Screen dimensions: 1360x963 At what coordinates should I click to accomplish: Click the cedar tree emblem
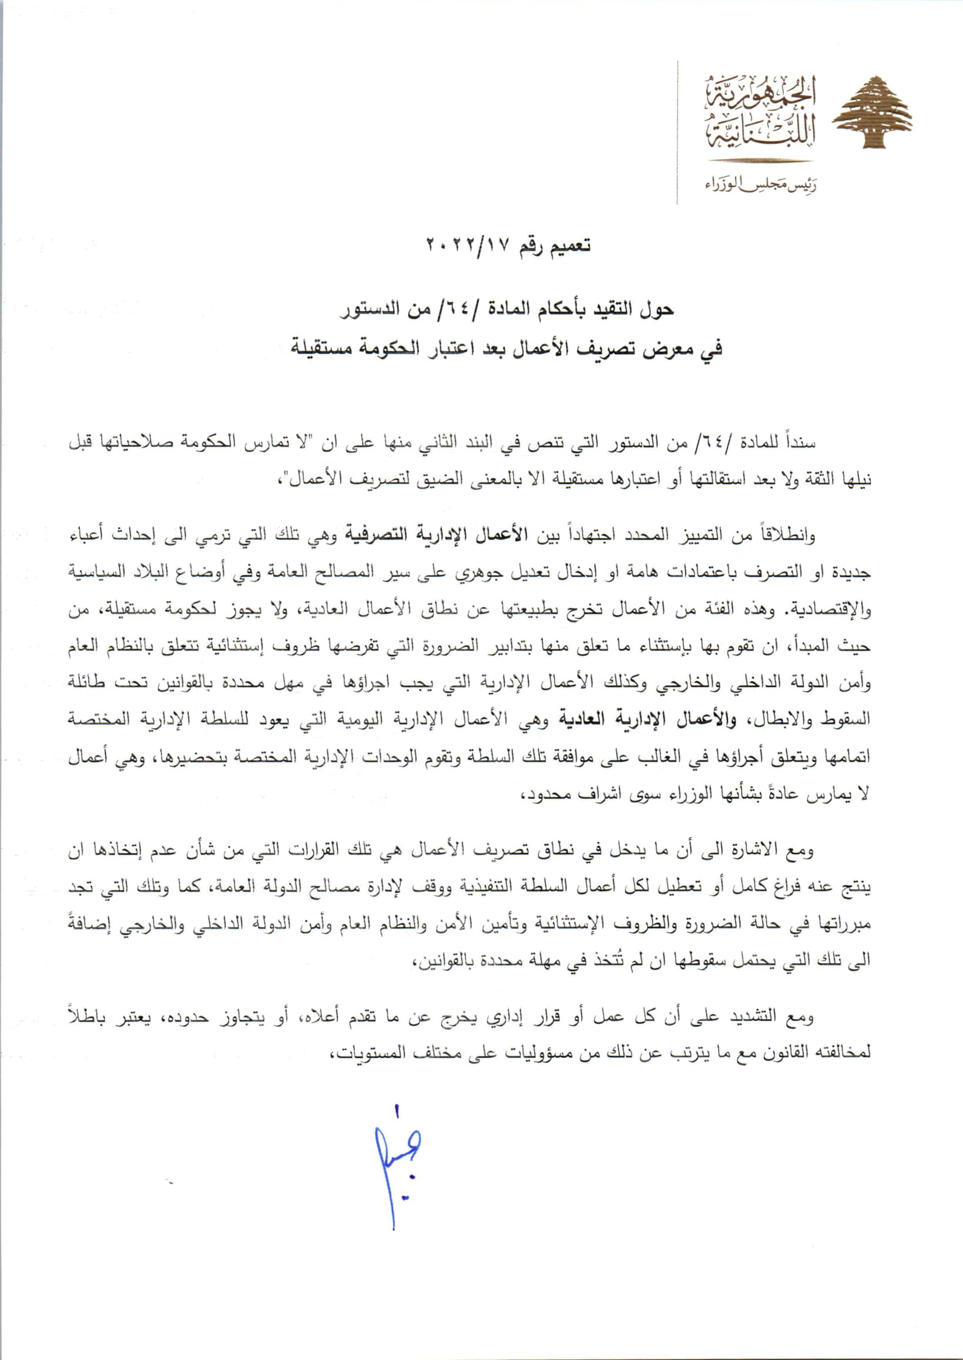point(872,113)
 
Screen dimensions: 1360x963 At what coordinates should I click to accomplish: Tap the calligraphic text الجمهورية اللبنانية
point(760,113)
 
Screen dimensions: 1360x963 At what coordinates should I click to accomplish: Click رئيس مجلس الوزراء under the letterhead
point(761,186)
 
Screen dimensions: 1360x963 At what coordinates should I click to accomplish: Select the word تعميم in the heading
point(570,246)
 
